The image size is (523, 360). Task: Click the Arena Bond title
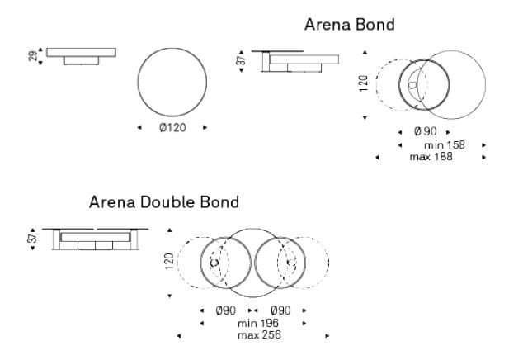pos(350,25)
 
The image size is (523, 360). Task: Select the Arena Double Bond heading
pos(164,202)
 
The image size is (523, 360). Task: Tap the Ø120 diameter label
pos(172,128)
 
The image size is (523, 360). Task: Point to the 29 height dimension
pos(33,56)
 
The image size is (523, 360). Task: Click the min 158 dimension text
pos(445,145)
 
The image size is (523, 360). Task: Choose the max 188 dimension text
pos(431,157)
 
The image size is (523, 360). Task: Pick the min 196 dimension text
pos(258,324)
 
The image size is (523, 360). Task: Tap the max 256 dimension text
pos(259,335)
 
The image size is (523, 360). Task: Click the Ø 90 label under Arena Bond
pos(426,131)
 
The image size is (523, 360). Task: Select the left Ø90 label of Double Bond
pos(226,310)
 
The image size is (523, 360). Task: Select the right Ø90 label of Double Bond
pos(280,310)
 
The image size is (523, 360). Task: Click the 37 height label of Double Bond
pos(33,238)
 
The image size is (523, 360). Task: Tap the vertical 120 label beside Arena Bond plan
pos(364,83)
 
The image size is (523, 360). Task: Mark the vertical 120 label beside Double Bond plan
pos(169,262)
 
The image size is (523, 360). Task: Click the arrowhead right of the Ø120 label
pos(205,127)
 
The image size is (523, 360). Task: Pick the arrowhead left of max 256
pos(179,335)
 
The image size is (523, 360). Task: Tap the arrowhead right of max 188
pos(483,157)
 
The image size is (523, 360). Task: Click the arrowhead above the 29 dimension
pos(40,50)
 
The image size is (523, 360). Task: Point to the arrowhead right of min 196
pos(304,324)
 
